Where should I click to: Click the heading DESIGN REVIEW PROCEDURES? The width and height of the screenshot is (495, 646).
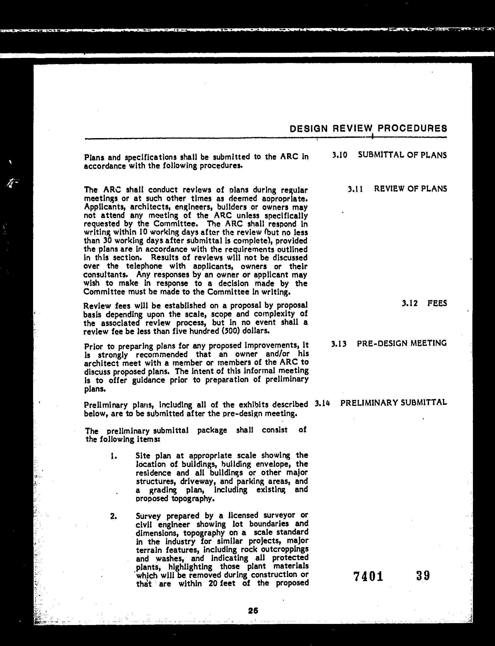point(368,129)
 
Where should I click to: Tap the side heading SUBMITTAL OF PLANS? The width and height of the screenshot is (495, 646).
point(402,155)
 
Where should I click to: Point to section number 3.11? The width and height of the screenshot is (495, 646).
point(355,189)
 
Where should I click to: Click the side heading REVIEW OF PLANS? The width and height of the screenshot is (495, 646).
point(411,189)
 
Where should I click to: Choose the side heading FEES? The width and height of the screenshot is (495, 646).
point(437,303)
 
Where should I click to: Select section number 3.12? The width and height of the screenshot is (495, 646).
point(410,303)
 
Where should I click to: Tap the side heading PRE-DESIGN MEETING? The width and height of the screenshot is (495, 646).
point(402,343)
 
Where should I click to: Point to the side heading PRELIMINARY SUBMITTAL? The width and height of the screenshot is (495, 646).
point(393,403)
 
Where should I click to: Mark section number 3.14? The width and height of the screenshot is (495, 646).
point(322,403)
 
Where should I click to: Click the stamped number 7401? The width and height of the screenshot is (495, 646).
point(368,576)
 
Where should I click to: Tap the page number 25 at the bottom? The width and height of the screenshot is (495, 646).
point(253,611)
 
